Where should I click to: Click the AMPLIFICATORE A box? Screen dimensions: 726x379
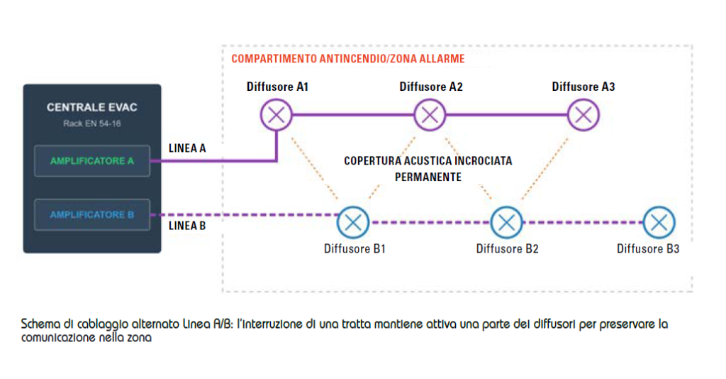pos(92,161)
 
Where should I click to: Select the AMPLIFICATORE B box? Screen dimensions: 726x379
pos(92,214)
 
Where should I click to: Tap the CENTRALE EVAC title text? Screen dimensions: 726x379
pos(92,107)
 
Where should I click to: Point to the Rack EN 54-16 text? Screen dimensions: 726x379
pos(92,123)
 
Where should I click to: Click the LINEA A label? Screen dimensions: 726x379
pos(187,148)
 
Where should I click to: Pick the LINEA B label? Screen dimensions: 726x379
pos(187,226)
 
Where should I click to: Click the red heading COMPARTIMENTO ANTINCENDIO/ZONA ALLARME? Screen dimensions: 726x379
pos(348,59)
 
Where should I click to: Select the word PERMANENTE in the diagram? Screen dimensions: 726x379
pos(428,177)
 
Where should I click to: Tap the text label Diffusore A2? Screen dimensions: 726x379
pos(431,87)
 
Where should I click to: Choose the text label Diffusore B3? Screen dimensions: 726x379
pos(648,249)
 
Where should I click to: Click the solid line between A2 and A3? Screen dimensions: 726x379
pos(506,115)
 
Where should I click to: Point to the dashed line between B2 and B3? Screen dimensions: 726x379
pos(583,222)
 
